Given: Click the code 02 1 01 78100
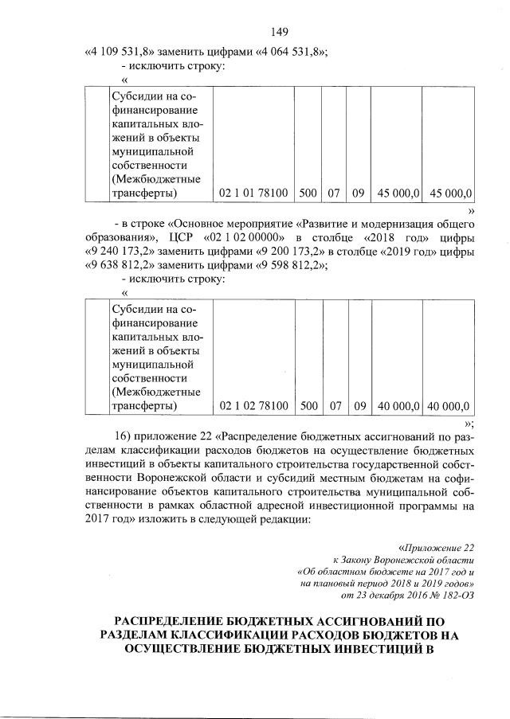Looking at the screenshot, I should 253,193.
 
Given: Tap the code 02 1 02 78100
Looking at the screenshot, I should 253,405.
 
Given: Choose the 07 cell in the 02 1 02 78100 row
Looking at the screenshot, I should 335,405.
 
